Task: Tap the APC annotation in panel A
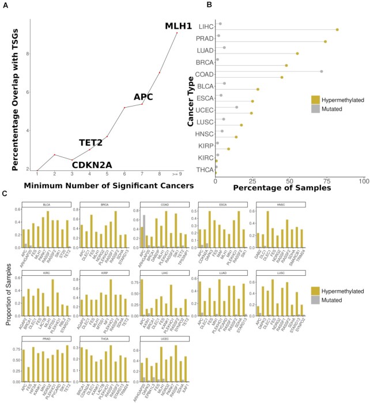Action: pos(143,97)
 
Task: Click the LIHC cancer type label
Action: pos(205,27)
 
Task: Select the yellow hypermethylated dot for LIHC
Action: pos(337,29)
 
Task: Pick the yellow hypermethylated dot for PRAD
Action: pos(326,41)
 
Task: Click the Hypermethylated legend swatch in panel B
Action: pos(315,99)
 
